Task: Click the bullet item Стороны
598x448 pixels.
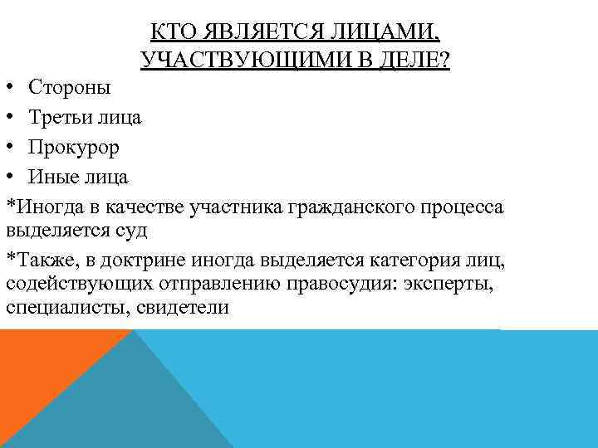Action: pyautogui.click(x=70, y=87)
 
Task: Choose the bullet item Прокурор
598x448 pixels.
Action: pyautogui.click(x=73, y=147)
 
